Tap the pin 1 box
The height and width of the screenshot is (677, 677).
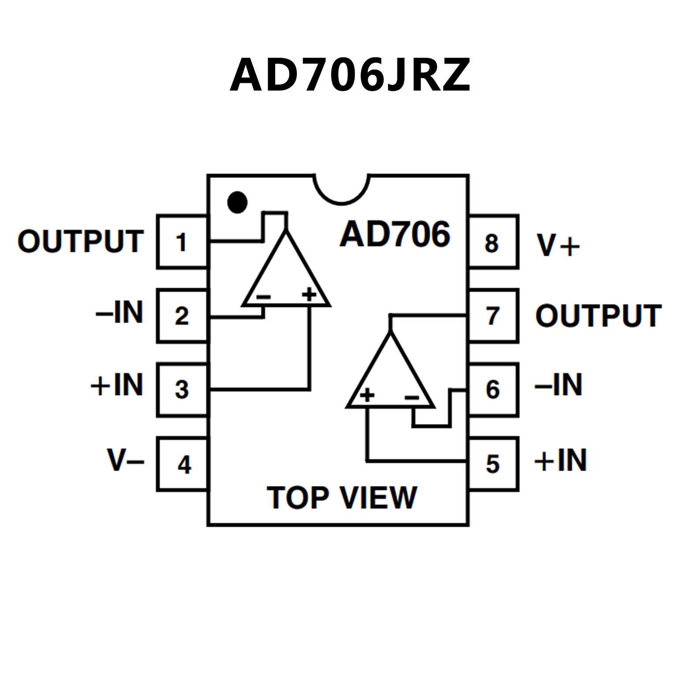(x=182, y=242)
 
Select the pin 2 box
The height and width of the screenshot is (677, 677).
(x=182, y=316)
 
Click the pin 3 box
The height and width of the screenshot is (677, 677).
(x=182, y=389)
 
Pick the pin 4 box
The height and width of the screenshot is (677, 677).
(x=182, y=464)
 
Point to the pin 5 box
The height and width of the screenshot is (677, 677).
(x=493, y=464)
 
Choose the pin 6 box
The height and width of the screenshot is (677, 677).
(x=493, y=389)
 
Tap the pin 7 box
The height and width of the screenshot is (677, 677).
(x=493, y=316)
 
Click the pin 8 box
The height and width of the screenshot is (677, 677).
(x=493, y=242)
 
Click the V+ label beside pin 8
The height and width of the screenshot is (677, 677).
(x=558, y=245)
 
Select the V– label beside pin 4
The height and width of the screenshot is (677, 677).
(x=126, y=460)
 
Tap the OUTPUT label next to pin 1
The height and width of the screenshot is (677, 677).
(x=81, y=242)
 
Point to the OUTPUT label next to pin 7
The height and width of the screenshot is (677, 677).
(x=598, y=316)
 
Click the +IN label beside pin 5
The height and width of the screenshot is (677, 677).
(x=560, y=460)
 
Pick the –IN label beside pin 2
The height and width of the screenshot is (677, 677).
(x=120, y=312)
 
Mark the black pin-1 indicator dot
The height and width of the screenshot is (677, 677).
(x=237, y=202)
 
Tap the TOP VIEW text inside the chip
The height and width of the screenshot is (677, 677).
(x=342, y=497)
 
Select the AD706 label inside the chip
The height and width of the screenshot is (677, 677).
(x=395, y=234)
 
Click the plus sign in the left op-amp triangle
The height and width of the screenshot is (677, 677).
(x=309, y=294)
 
